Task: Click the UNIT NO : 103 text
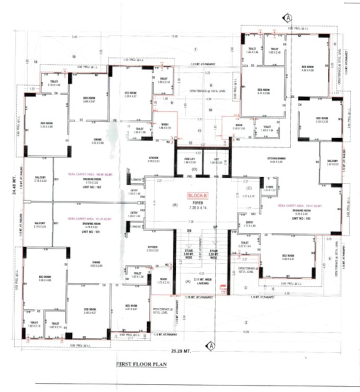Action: pyautogui.click(x=301, y=217)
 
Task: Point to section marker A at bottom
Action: pyautogui.click(x=210, y=346)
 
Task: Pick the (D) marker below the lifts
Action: pyautogui.click(x=194, y=169)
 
